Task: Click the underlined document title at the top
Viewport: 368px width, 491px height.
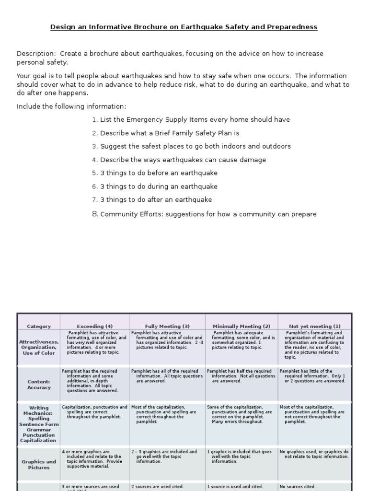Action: (x=184, y=27)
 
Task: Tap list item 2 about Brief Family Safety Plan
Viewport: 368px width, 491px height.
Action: (x=165, y=133)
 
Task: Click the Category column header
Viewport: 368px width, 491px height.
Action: (x=39, y=326)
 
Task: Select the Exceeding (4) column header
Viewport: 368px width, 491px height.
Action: (x=94, y=326)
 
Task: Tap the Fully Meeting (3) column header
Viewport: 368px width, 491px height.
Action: (x=167, y=326)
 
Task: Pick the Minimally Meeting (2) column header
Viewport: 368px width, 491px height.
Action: (x=241, y=326)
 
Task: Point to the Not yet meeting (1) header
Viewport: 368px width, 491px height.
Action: (x=314, y=326)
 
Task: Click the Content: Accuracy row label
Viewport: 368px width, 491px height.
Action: (x=39, y=385)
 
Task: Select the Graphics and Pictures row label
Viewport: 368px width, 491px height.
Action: (x=39, y=465)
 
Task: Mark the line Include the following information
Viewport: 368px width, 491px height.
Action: (x=71, y=106)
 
